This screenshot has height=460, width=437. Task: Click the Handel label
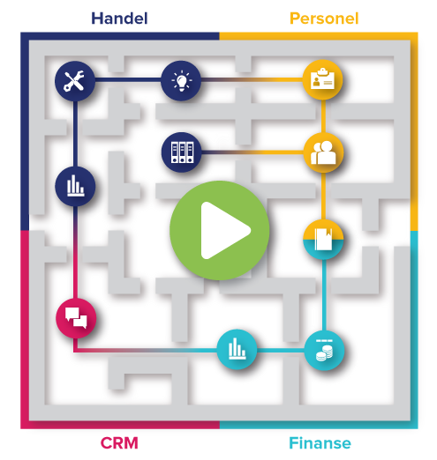[x=119, y=19]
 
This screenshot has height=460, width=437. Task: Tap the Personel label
[x=324, y=19]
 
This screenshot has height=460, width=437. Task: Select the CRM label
[x=119, y=443]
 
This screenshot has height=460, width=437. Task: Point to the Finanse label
[x=320, y=443]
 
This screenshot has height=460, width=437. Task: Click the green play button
[x=220, y=231]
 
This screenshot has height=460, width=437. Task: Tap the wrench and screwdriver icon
[x=75, y=81]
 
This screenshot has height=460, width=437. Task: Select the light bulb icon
[x=181, y=81]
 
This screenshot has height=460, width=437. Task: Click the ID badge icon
[x=323, y=80]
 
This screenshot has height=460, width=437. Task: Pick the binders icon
[x=182, y=152]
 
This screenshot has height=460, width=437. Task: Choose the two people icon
[x=323, y=152]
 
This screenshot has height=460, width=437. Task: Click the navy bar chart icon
[x=75, y=186]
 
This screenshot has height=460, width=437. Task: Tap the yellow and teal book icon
[x=323, y=240]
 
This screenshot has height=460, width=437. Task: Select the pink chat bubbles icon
[x=76, y=318]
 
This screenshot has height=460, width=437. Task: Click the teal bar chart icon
[x=237, y=350]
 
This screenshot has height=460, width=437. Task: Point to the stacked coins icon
[x=324, y=350]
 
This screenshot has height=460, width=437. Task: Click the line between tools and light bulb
[x=128, y=79]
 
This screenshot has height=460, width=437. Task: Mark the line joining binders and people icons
[x=252, y=152]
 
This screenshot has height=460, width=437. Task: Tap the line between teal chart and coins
[x=281, y=350]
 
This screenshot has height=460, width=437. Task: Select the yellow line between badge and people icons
[x=323, y=116]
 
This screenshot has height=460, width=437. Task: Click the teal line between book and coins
[x=324, y=295]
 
